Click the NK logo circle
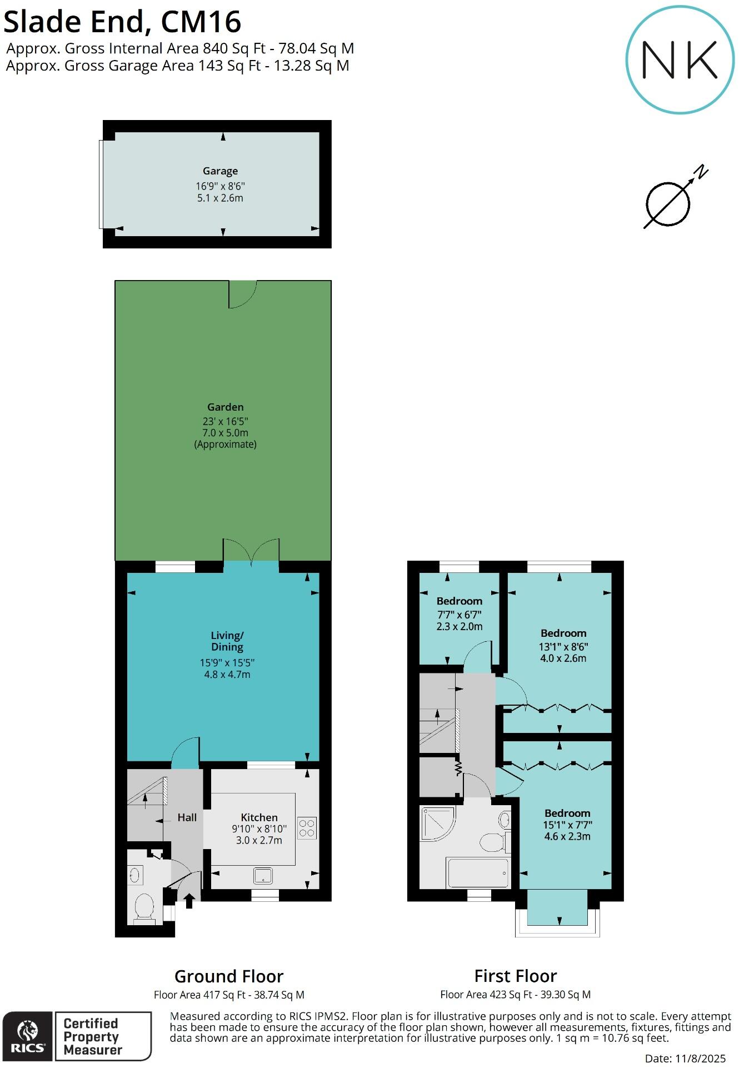point(680,59)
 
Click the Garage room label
point(220,171)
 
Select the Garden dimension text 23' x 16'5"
point(225,421)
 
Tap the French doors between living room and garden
point(251,552)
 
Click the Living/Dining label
point(227,641)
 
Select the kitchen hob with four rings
point(307,827)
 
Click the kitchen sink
point(263,876)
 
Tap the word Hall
point(187,817)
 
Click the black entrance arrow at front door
point(189,900)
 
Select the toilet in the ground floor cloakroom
point(144,906)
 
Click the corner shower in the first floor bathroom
point(437,823)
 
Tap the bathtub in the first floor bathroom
point(477,873)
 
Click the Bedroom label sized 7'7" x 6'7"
point(459,601)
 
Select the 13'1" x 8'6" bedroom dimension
point(563,646)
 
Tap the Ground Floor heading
point(229,976)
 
